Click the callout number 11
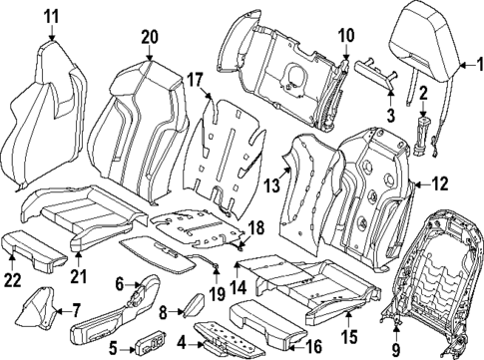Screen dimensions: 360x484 [51, 14]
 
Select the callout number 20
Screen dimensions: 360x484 [149, 36]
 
